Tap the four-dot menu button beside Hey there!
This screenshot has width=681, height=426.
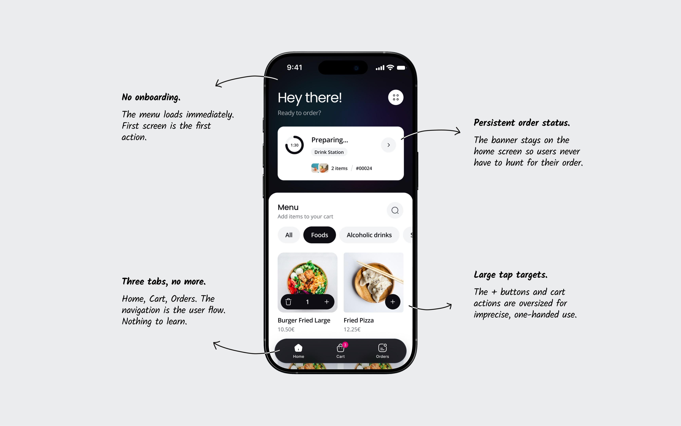396,97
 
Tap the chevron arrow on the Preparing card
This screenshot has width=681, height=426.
389,145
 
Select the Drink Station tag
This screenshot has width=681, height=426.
329,152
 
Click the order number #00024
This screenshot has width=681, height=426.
364,168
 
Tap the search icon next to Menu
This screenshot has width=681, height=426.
395,210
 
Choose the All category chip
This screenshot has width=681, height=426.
289,235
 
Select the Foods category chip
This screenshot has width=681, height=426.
320,235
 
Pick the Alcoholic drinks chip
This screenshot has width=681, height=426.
369,235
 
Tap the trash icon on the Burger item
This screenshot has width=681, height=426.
288,302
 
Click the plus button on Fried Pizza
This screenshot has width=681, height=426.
393,302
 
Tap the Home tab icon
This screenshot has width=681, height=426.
298,348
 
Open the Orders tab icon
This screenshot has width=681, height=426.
382,348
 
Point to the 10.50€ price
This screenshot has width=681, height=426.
286,329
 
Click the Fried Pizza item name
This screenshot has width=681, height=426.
359,320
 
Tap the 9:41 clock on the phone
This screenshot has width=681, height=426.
294,67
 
